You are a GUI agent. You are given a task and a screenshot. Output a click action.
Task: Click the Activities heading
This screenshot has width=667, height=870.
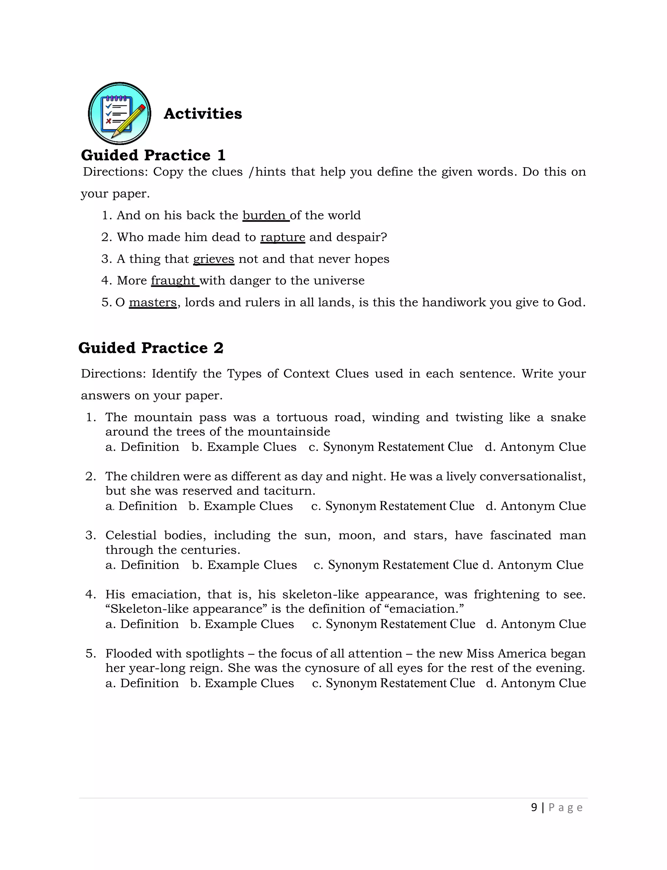[203, 114]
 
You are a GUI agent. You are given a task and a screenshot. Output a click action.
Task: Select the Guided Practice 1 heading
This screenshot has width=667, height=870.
[153, 155]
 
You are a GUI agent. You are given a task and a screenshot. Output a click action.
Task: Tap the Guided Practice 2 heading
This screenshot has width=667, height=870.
[151, 348]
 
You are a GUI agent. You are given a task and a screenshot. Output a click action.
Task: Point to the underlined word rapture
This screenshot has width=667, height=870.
[283, 237]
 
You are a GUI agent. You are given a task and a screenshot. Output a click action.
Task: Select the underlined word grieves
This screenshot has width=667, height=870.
[214, 259]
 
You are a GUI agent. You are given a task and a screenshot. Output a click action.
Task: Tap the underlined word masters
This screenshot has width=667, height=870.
[153, 302]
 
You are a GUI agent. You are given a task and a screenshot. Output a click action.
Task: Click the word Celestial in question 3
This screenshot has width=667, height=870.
[131, 535]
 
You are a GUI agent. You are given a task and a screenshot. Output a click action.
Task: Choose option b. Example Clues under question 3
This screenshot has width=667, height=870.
[244, 565]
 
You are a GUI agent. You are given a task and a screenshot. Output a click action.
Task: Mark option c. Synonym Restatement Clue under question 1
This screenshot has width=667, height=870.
[391, 447]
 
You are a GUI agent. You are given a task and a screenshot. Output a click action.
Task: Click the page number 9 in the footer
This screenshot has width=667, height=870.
[534, 807]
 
